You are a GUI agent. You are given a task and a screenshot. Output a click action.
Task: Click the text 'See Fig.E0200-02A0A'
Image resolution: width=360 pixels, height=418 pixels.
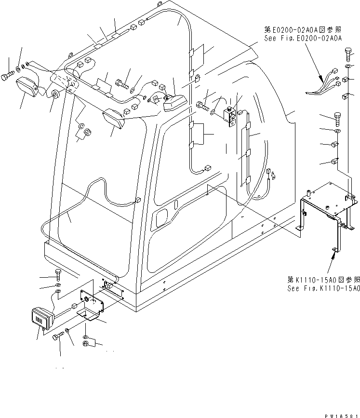(302, 38)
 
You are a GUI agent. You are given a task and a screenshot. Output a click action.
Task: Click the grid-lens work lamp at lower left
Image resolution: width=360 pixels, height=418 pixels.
(41, 318)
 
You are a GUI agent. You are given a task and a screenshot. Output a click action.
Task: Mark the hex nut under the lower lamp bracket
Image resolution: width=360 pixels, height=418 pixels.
(85, 344)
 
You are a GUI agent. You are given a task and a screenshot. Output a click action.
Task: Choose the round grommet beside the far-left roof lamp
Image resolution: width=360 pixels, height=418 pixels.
(54, 94)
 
